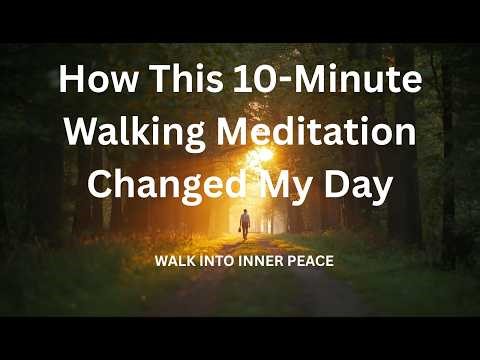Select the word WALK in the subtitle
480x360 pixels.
click(174, 262)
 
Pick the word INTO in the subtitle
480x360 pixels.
click(217, 262)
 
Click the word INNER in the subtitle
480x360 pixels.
click(261, 262)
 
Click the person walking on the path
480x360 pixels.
click(244, 224)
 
